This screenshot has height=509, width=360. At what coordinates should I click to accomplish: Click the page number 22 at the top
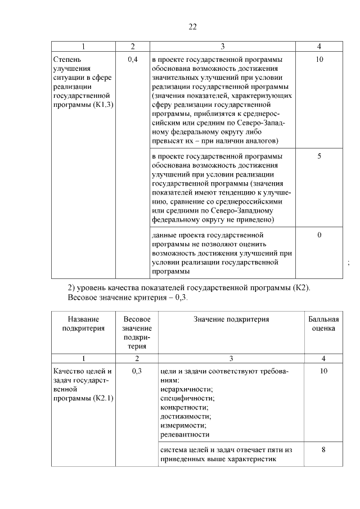point(192,26)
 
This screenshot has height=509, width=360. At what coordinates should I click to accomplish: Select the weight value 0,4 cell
point(133,59)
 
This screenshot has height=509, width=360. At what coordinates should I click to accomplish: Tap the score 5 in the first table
point(319,156)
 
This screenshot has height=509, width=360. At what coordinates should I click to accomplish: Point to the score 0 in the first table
point(319,235)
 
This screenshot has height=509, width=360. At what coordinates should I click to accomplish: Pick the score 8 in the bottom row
point(323,449)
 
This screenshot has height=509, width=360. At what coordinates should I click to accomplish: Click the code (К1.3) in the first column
point(103,106)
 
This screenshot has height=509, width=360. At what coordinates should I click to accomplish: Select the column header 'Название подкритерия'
point(83,324)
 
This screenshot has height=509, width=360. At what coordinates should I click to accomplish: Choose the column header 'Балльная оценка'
point(323,324)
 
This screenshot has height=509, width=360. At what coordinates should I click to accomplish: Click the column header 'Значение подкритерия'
point(231,319)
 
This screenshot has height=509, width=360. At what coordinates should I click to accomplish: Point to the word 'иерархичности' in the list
point(186,389)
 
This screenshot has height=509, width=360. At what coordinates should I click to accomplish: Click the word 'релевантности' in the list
point(184,434)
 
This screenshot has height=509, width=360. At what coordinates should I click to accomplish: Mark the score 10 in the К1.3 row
point(319,59)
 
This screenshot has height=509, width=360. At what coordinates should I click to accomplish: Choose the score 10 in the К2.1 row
point(323,371)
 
